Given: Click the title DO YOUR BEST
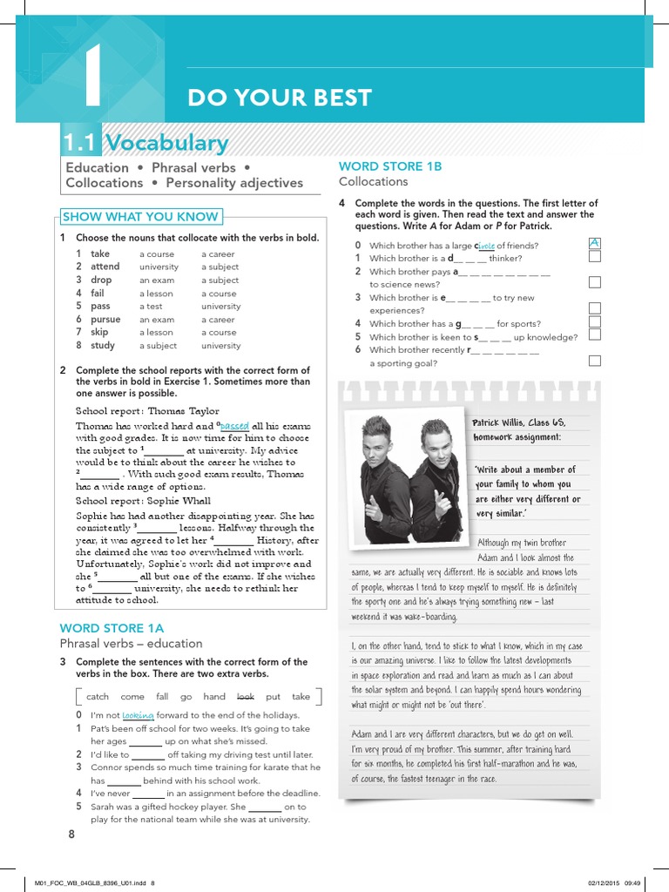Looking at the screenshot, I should [279, 98].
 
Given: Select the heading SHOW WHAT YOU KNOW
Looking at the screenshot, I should [140, 217].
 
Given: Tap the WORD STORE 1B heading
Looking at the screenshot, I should [390, 166].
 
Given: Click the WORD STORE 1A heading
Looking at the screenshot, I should [111, 627].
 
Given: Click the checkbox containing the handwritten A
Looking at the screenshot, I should [594, 243].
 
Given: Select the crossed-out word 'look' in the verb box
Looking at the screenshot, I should [246, 696].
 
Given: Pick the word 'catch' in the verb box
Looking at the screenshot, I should [98, 696].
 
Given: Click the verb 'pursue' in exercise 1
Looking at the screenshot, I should [105, 319].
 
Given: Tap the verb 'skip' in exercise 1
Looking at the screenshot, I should [99, 332].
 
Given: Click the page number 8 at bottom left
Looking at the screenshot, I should [71, 835].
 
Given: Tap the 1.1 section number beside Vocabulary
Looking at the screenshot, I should [82, 143].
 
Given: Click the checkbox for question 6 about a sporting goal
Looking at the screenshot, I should [594, 360].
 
